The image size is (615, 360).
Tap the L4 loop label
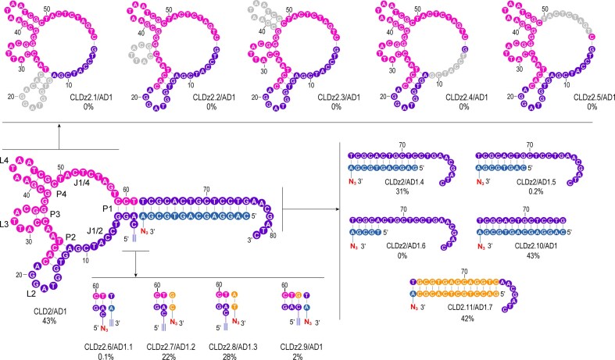5,161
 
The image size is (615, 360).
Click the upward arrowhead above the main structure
59,134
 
